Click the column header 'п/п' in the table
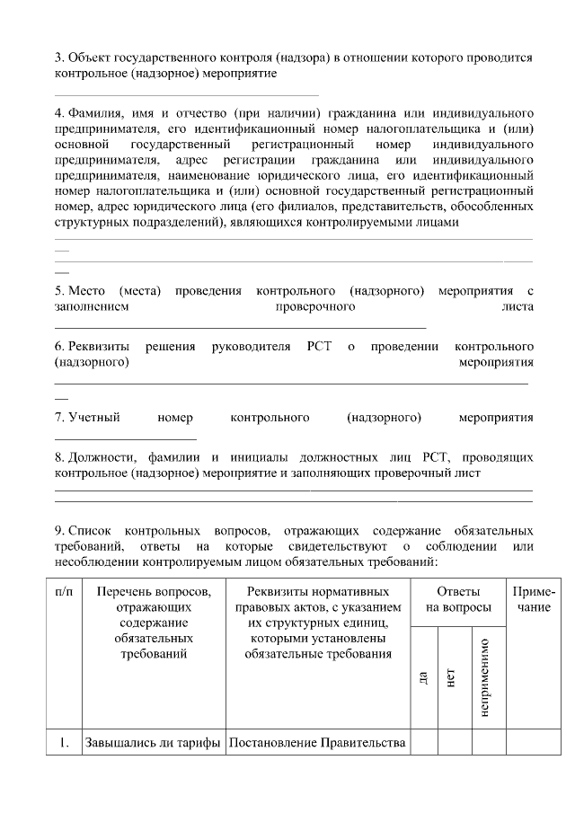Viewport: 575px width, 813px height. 63,592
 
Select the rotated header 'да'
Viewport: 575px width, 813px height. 423,677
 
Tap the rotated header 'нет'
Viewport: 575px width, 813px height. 451,677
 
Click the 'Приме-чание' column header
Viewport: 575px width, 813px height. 534,600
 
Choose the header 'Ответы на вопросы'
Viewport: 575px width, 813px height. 458,600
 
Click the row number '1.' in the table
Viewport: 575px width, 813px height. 63,743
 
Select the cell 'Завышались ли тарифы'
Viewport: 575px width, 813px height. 153,743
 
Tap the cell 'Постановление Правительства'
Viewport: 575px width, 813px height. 317,743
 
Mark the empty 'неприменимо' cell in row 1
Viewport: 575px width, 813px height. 485,743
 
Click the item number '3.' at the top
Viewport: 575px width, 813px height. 59,57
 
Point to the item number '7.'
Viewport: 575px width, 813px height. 59,417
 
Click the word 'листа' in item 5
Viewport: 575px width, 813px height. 518,306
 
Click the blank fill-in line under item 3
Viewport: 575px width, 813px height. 187,93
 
